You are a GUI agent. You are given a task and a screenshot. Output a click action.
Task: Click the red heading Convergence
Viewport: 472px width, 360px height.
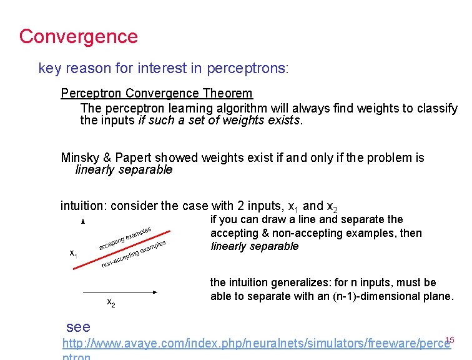point(78,36)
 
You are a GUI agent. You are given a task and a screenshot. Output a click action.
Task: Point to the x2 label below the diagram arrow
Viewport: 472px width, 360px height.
point(111,304)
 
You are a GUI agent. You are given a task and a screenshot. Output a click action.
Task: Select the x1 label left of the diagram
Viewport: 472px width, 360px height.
point(73,253)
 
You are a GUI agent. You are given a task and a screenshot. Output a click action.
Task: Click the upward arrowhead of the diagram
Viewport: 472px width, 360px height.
point(83,222)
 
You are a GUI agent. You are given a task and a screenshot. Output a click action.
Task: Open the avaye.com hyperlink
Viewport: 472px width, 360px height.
point(256,343)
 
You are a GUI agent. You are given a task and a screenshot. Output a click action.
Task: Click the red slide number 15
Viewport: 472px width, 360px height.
point(450,340)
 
